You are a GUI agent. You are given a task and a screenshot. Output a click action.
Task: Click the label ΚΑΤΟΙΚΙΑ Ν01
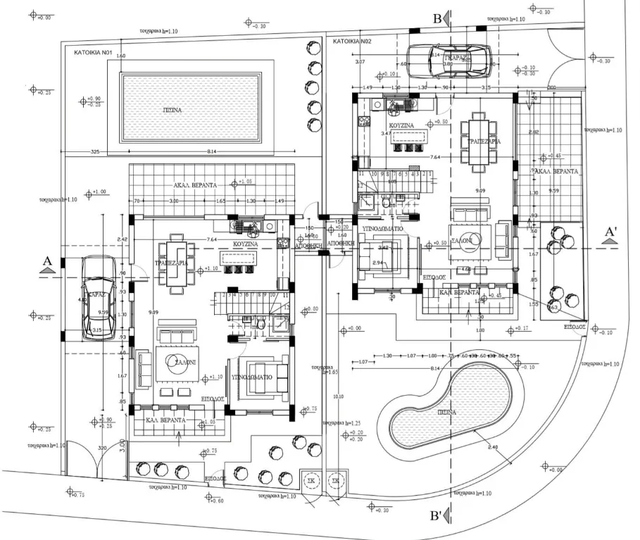pos(94,52)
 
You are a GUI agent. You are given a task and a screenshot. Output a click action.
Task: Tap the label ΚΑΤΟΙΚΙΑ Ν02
pos(351,42)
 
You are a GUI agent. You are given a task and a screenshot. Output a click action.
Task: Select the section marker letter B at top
pos(437,19)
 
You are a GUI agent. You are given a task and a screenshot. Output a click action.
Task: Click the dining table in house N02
pos(483,141)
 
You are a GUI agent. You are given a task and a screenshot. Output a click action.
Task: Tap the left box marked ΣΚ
pos(309,481)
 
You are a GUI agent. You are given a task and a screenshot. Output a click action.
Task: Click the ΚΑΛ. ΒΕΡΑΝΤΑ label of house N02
pos(459,291)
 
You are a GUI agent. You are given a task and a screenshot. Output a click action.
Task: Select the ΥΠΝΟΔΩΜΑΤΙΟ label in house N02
pos(382,230)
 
